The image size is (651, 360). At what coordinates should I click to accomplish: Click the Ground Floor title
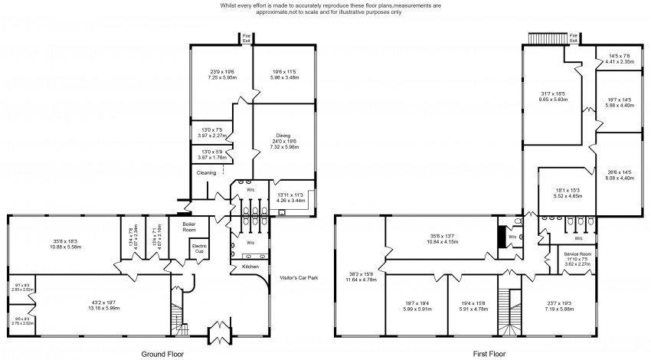point(162,354)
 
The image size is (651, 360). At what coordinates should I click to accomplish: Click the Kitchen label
point(250,267)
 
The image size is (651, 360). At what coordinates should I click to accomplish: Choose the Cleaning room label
point(207,173)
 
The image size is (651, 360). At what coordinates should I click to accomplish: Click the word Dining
point(283,135)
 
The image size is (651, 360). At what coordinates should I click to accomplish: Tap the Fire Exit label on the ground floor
point(247,37)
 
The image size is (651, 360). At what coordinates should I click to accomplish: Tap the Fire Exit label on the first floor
point(574,37)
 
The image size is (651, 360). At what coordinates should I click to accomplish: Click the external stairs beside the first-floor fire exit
point(546,38)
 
